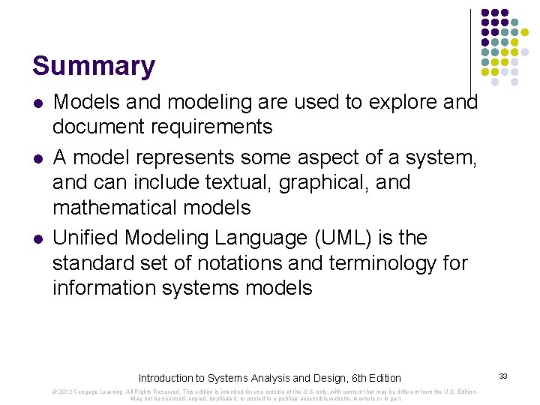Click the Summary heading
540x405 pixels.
(93, 66)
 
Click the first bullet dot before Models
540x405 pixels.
(37, 101)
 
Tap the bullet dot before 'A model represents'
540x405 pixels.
(37, 157)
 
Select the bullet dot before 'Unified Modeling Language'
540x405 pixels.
(37, 238)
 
